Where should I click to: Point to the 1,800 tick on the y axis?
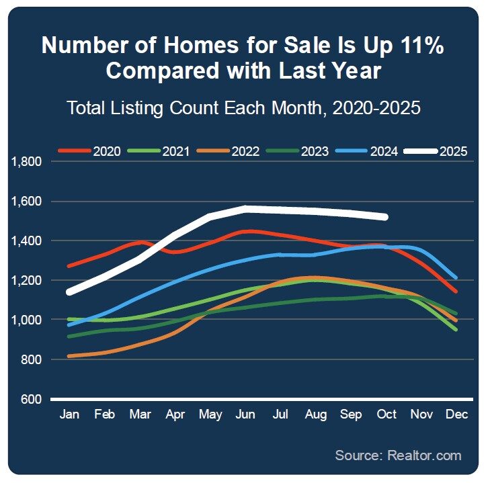(27, 162)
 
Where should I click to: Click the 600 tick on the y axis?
(32, 400)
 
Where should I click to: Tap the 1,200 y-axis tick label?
(27, 281)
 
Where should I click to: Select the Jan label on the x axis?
(69, 416)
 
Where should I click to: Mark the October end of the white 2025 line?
(384, 217)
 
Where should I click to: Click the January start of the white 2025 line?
(69, 292)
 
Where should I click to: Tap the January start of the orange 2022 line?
(69, 356)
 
